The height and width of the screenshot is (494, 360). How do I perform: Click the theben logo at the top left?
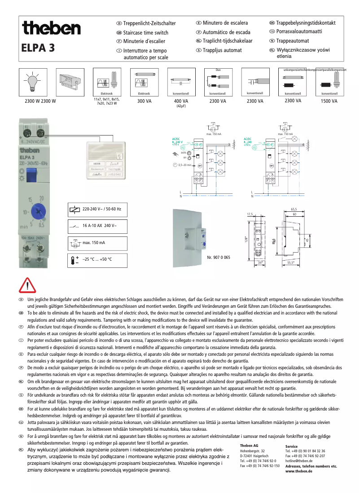(51, 29)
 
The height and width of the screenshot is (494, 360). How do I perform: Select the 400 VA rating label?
(181, 101)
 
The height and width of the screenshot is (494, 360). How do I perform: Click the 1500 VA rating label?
(329, 101)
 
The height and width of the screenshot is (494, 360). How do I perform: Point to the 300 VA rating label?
(144, 101)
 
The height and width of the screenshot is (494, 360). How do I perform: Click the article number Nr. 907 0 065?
(219, 258)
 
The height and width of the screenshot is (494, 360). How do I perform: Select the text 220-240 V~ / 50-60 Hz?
(101, 209)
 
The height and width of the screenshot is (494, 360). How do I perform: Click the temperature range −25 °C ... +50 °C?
(97, 259)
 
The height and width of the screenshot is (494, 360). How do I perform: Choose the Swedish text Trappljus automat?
(222, 50)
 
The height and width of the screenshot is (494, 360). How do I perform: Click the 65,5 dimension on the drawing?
(294, 210)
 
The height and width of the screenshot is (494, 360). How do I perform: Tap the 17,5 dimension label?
(250, 214)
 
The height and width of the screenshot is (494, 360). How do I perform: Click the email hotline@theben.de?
(299, 461)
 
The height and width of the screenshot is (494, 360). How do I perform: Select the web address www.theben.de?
(299, 472)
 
